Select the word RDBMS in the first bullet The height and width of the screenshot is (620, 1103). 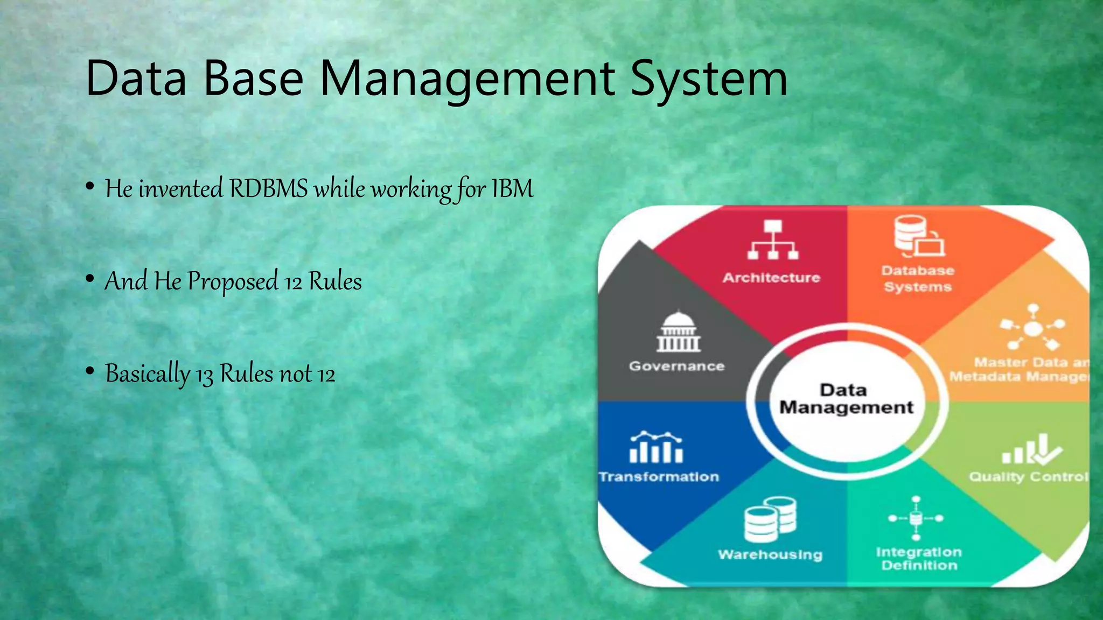pos(268,189)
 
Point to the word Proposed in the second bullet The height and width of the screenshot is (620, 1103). pos(233,281)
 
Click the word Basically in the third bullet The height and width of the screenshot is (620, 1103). pos(148,374)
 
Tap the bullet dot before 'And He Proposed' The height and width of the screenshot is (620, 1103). pos(90,279)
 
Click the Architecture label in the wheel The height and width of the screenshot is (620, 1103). pos(771,278)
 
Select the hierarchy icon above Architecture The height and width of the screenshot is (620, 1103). pos(773,240)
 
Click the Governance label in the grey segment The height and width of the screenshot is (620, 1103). pos(676,367)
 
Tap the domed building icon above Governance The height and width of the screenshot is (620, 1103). pos(679,332)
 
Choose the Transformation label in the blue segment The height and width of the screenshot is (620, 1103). pos(659,477)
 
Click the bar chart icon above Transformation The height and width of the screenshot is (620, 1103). pos(656,447)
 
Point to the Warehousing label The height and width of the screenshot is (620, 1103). pos(770,555)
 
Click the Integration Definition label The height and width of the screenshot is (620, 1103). pos(919,559)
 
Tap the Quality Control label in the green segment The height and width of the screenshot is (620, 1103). pos(1029,477)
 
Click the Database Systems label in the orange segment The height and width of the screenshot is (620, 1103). pos(918,279)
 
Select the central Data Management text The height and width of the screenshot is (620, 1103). pos(846,399)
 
